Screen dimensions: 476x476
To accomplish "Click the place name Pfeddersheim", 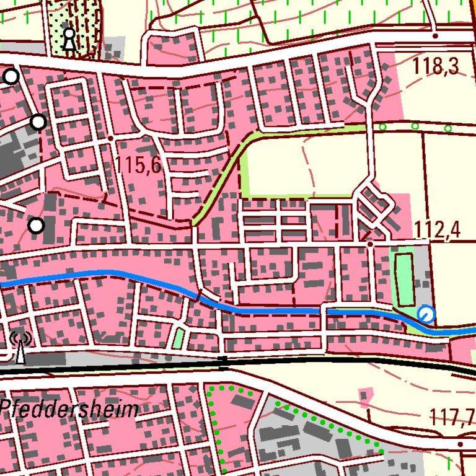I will pos(69,409).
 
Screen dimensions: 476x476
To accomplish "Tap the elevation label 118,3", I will pos(437,66).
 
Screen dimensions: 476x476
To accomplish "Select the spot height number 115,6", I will pos(138,165).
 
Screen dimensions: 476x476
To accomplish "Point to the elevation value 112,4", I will pos(438,230).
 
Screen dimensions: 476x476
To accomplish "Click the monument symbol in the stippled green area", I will pos(69,39).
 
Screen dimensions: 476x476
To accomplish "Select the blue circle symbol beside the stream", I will pos(426,315).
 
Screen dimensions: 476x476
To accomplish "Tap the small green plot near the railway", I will pos(178,338).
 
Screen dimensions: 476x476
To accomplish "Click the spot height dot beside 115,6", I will pos(110,138).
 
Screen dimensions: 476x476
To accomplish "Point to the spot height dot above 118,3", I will pos(435,36).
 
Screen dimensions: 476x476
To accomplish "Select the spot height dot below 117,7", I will pos(461,444).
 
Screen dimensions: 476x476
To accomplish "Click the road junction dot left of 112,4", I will pos(370,244).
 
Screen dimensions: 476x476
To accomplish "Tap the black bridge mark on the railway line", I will pos(224,363).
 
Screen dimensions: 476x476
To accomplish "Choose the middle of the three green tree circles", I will pos(415,126).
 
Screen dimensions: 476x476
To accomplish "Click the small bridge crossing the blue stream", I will pos(324,309).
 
